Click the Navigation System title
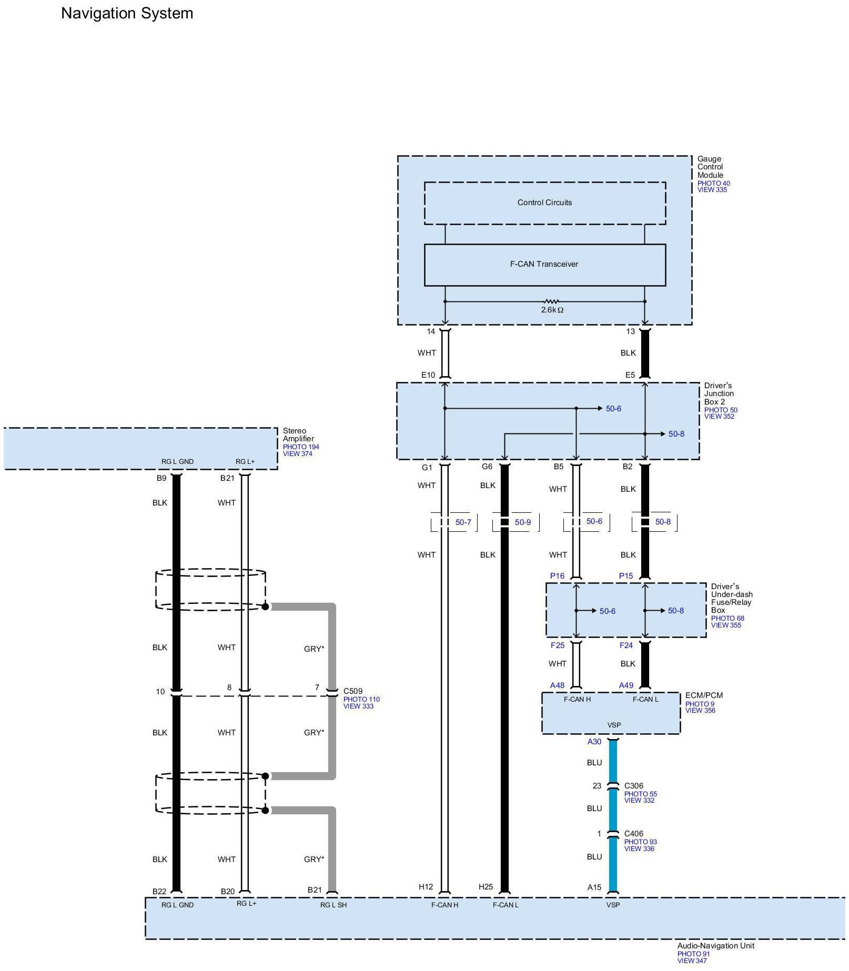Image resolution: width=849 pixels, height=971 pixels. [x=127, y=13]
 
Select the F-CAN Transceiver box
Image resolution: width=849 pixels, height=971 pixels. [x=544, y=265]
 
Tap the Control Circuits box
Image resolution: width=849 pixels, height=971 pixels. [x=544, y=203]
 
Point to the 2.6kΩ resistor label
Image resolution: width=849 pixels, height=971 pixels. [x=552, y=310]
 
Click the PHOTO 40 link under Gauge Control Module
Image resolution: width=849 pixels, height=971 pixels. [x=713, y=184]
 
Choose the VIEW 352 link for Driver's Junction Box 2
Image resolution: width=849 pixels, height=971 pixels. [x=719, y=417]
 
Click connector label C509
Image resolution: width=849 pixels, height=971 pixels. [x=352, y=691]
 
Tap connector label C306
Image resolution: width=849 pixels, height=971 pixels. [x=633, y=786]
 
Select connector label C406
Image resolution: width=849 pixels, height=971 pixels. [x=633, y=834]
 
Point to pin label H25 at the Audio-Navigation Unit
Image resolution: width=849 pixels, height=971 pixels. [x=486, y=887]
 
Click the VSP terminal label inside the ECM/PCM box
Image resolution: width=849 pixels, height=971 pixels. [x=614, y=725]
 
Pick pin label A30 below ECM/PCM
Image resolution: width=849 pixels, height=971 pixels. [x=594, y=742]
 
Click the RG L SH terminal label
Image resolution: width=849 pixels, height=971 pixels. [x=333, y=905]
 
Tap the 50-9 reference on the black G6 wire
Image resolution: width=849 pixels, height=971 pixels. [x=522, y=522]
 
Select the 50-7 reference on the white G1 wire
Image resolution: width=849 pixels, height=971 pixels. [x=463, y=522]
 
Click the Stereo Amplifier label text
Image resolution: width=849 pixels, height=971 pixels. [x=298, y=434]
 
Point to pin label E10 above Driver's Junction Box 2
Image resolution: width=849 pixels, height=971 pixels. [x=428, y=375]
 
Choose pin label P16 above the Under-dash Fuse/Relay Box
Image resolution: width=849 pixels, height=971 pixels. [x=557, y=576]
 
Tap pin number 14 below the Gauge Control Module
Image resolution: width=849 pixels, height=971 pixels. [x=431, y=331]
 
